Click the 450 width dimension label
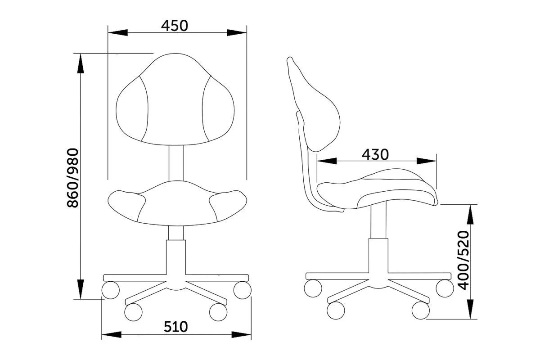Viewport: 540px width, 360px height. coord(174,26)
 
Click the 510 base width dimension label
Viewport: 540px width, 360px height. coord(175,327)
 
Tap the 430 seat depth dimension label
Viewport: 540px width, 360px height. coord(375,154)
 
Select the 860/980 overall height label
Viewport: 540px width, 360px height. coord(72,178)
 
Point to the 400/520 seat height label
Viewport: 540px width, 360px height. coord(463,261)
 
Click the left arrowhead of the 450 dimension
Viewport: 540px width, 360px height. coord(117,32)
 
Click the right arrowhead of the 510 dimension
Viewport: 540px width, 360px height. coord(241,335)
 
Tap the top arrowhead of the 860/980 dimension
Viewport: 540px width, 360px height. coord(81,63)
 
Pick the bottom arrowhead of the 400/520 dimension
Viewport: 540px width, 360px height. coord(470,309)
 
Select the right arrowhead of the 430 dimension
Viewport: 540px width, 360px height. coord(427,161)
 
